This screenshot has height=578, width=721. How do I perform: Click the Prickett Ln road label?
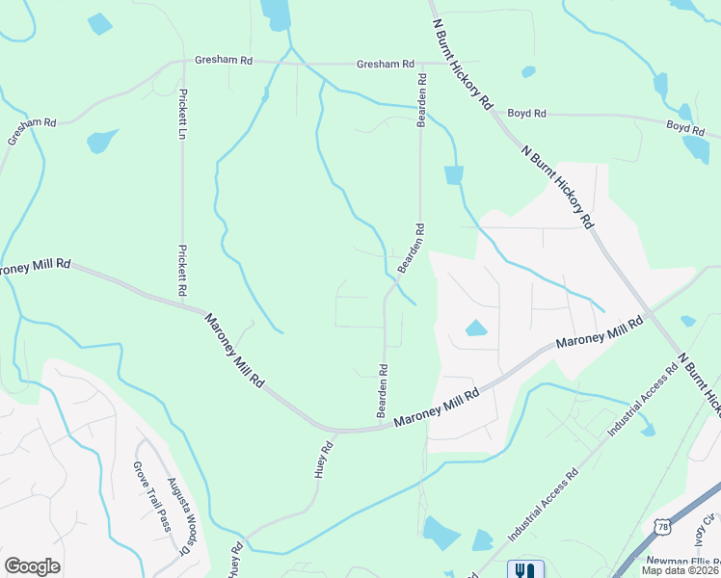181,115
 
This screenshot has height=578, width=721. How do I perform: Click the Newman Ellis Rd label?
685,561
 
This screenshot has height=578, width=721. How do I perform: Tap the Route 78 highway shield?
661,526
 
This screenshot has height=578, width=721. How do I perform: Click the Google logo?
32,565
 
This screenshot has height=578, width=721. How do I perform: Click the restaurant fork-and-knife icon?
525,569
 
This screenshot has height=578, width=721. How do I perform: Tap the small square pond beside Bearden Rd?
454,174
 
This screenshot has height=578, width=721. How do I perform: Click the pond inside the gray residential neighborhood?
476,328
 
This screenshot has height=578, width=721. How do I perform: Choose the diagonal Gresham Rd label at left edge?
32,131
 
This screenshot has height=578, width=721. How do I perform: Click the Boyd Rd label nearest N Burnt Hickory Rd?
527,114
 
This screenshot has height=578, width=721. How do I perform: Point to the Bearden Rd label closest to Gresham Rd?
420,100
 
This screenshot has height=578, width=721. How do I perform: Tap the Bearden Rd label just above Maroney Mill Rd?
383,389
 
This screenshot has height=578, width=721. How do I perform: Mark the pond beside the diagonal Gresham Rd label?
101,142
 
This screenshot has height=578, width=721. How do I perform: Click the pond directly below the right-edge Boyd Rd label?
696,148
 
